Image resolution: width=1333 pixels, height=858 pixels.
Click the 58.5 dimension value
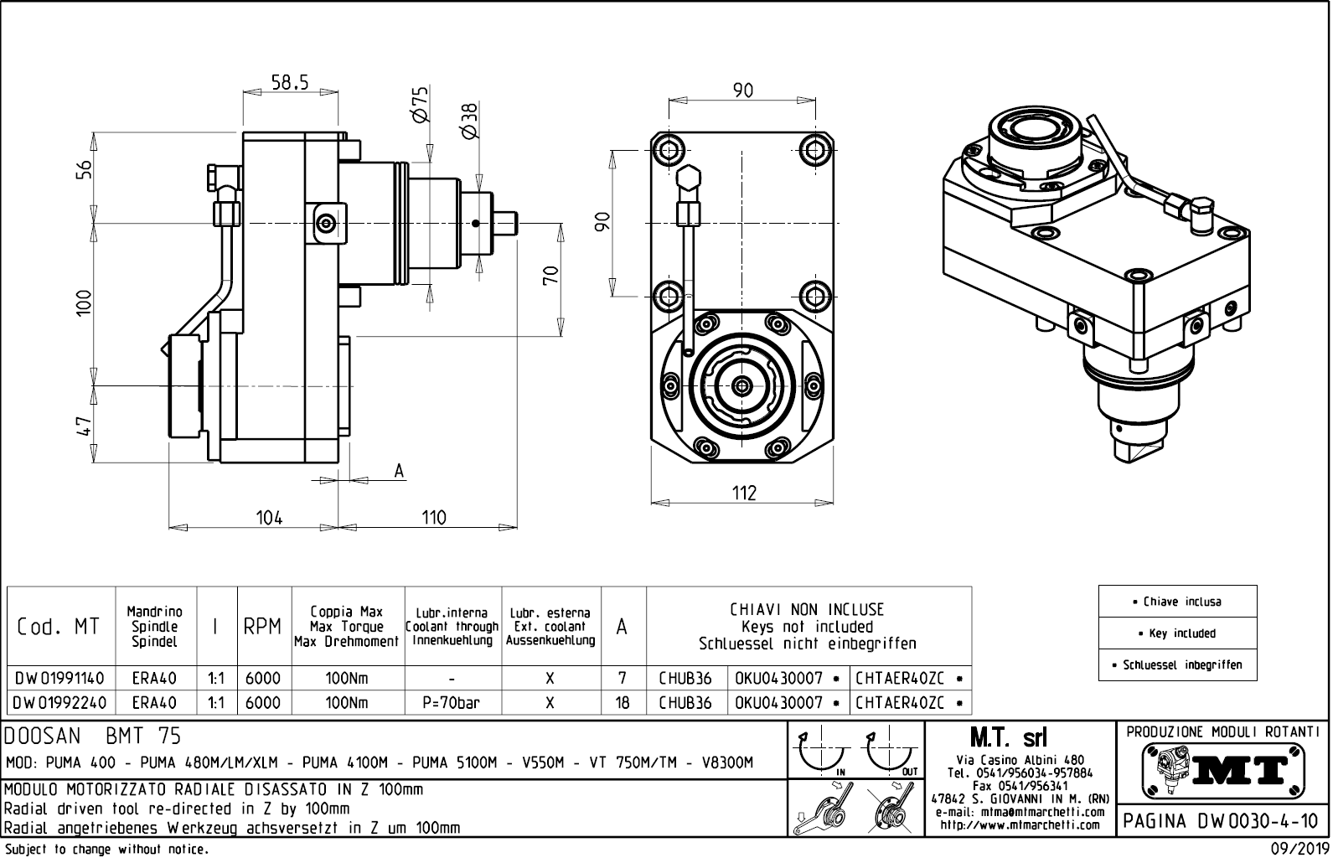(290, 82)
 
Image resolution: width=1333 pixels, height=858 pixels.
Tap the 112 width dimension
(743, 493)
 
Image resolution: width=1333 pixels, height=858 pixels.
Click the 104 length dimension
(269, 517)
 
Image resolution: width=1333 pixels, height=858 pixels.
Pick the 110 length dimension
(433, 517)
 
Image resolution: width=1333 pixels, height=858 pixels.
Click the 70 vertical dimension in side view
(550, 275)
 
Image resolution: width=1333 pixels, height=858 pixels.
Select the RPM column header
(262, 626)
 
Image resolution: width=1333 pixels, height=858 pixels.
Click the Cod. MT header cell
(59, 626)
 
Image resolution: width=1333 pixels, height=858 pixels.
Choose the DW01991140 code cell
(59, 678)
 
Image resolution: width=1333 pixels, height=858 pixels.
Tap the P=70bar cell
(452, 703)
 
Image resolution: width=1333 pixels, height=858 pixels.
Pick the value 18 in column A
(623, 703)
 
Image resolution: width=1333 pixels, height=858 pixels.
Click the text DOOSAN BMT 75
(93, 737)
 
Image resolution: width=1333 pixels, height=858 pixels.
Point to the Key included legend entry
(1177, 633)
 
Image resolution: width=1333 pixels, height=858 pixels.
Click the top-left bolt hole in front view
(670, 149)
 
